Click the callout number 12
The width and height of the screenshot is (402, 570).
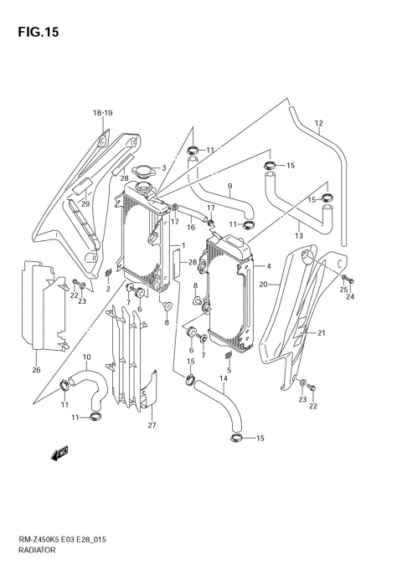[318, 125]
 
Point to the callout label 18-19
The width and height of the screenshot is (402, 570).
[102, 113]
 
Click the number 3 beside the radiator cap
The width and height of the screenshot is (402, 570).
[164, 168]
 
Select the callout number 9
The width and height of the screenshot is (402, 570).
[229, 186]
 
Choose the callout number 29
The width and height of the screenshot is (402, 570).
[85, 204]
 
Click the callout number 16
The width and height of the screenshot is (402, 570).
[191, 227]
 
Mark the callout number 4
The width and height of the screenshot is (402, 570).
[268, 267]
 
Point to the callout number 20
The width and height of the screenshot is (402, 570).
[263, 285]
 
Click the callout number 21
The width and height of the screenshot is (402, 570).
[319, 333]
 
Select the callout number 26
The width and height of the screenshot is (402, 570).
[36, 370]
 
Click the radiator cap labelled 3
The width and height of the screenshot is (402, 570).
[143, 172]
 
